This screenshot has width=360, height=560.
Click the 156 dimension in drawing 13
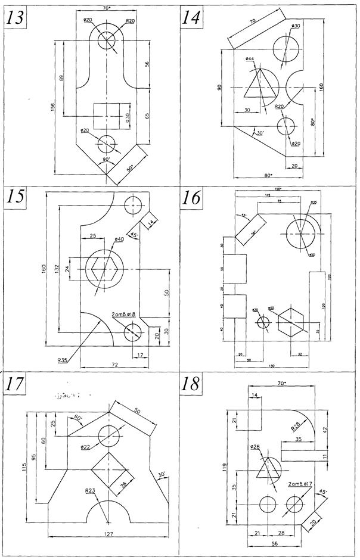tap(54, 107)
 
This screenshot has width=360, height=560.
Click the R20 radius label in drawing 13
tap(130, 20)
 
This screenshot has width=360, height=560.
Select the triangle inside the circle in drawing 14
tap(260, 85)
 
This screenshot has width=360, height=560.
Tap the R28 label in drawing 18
tap(296, 426)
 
